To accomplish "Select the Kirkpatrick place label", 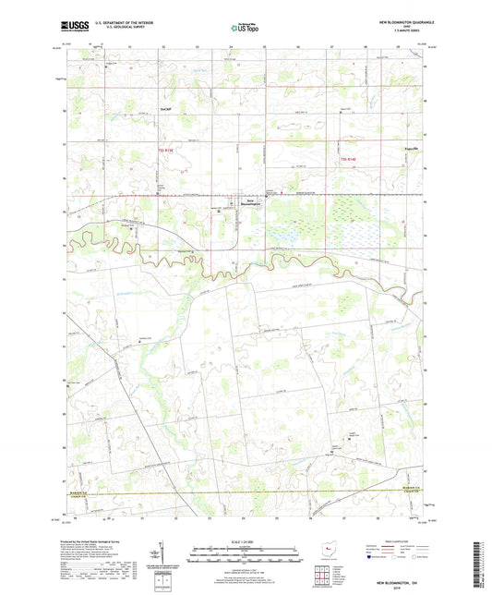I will [397, 147].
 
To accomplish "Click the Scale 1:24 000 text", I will [245, 542].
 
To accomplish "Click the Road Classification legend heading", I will [397, 540].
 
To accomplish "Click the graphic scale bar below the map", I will [245, 557].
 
